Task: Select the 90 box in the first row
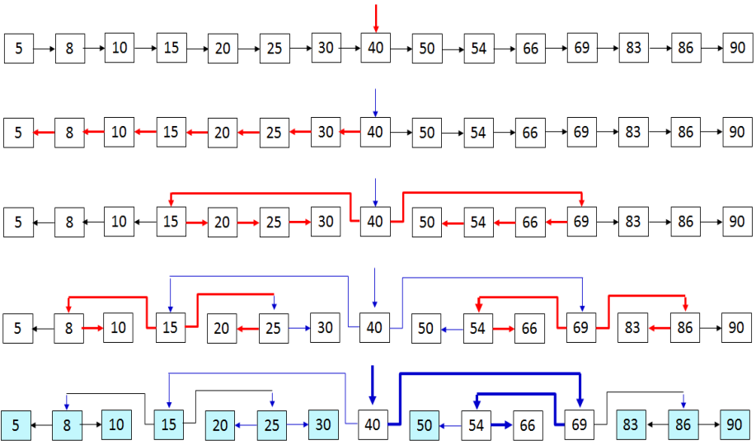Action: click(x=736, y=48)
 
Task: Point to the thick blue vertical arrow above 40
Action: click(x=373, y=386)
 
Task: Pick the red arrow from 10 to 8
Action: click(x=93, y=132)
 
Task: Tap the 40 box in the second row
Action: click(x=375, y=132)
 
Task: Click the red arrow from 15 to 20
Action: click(x=196, y=222)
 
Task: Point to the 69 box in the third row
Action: click(x=581, y=222)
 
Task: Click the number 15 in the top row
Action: click(x=171, y=48)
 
